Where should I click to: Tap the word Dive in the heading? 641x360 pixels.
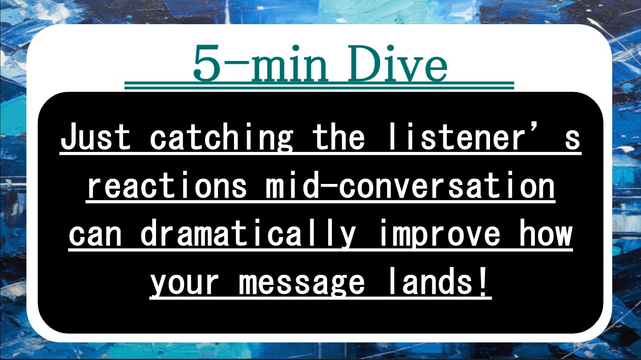click(x=398, y=63)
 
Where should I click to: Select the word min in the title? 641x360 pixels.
click(x=289, y=64)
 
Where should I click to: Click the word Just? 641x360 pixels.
click(x=96, y=137)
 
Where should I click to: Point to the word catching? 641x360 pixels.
click(x=221, y=137)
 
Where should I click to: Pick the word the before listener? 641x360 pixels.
click(x=339, y=136)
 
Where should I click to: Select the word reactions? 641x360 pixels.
click(x=167, y=186)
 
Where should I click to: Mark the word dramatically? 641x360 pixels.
click(x=249, y=233)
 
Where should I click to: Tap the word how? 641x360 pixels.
click(x=545, y=233)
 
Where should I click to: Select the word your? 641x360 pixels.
click(x=185, y=284)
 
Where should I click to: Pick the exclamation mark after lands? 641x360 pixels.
click(x=483, y=281)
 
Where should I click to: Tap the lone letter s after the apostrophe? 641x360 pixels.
click(x=572, y=140)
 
